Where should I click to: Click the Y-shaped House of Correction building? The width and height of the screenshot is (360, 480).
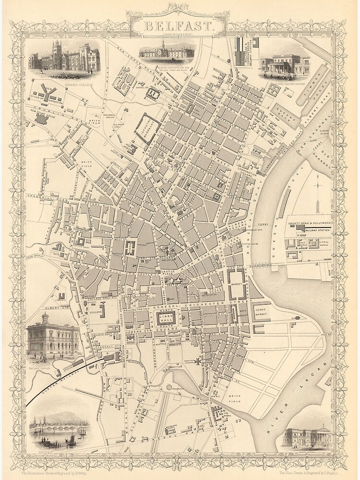[x=47, y=94]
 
